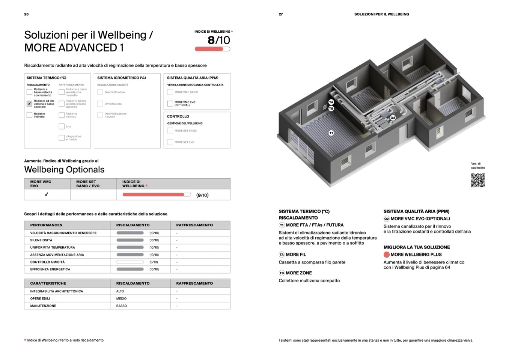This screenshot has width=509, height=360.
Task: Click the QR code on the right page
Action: [478, 180]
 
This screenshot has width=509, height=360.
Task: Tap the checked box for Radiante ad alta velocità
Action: [29, 104]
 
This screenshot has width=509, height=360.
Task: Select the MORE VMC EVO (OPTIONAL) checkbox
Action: [170, 104]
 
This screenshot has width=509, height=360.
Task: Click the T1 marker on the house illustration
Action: [331, 133]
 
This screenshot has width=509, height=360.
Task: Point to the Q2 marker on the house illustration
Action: [393, 117]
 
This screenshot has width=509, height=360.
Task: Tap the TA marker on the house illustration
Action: [331, 102]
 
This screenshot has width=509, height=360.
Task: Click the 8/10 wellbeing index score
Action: [218, 40]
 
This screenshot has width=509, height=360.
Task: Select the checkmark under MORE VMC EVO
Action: [47, 194]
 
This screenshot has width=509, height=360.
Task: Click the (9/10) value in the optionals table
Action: [202, 195]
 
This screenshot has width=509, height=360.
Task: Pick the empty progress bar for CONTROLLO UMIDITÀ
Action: [130, 262]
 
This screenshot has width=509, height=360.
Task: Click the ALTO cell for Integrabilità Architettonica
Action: [120, 291]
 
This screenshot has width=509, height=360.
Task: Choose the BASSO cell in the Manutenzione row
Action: [122, 306]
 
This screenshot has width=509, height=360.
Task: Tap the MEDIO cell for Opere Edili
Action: [121, 299]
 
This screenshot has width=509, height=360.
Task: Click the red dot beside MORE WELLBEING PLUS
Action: [386, 255]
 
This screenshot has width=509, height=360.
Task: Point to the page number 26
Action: [26, 14]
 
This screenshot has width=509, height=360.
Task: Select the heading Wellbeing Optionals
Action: [64, 170]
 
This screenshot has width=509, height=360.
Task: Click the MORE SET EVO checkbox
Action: [170, 142]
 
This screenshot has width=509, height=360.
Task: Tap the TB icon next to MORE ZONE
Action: [282, 273]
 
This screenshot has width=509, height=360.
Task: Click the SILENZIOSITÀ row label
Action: [41, 240]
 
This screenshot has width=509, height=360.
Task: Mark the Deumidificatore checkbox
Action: [100, 92]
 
